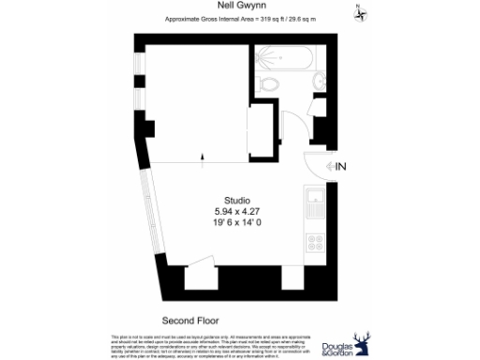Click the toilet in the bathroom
[x=271, y=85]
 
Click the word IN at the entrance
[x=341, y=168]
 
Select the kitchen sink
[x=314, y=200]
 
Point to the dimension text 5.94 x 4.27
[x=237, y=212]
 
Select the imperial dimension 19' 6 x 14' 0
[x=237, y=223]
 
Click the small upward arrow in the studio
[x=203, y=158]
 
